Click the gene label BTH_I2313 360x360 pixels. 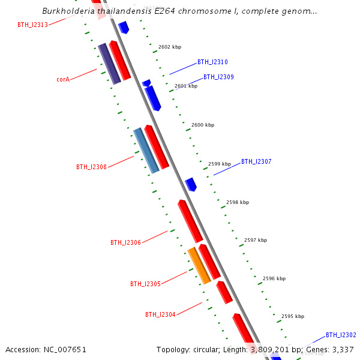pyautogui.click(x=32, y=25)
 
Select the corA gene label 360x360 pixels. pyautogui.click(x=63, y=79)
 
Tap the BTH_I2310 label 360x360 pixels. pyautogui.click(x=212, y=62)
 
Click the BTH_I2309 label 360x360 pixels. pyautogui.click(x=218, y=77)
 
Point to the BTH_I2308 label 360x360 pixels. pyautogui.click(x=91, y=167)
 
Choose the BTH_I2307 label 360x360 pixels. pyautogui.click(x=256, y=161)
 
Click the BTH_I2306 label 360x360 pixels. pyautogui.click(x=125, y=242)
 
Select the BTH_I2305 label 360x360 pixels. pyautogui.click(x=145, y=284)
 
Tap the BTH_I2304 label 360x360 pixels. pyautogui.click(x=160, y=314)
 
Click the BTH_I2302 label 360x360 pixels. pyautogui.click(x=341, y=335)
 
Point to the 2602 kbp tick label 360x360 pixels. pyautogui.click(x=170, y=47)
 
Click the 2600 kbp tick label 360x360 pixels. pyautogui.click(x=203, y=125)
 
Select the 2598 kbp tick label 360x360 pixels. pyautogui.click(x=238, y=202)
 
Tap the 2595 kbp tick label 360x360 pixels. pyautogui.click(x=293, y=316)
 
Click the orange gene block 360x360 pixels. pyautogui.click(x=199, y=265)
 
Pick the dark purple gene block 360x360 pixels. pyautogui.click(x=109, y=63)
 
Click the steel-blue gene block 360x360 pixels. pyautogui.click(x=146, y=150)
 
